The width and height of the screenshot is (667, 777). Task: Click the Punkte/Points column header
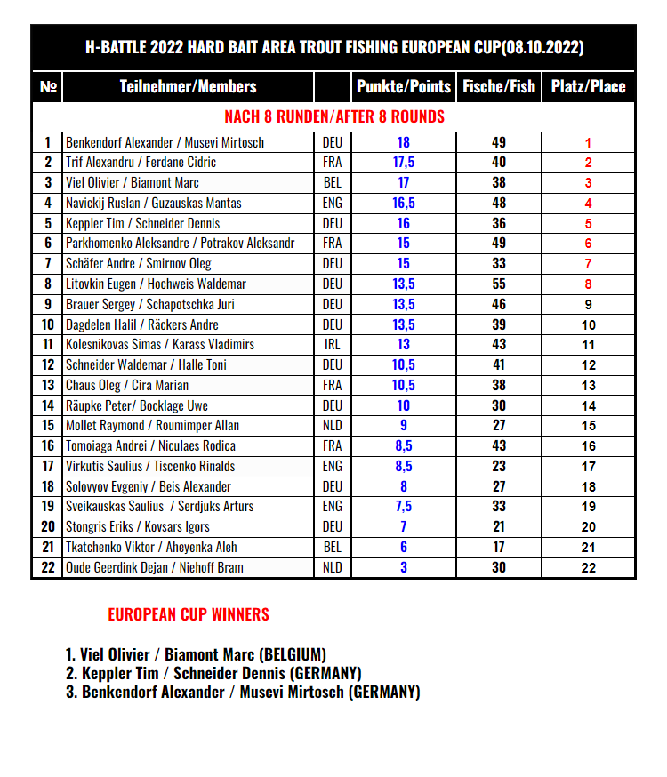point(404,86)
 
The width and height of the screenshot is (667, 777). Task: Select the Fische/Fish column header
point(499,86)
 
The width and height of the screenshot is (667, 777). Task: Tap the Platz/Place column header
point(588,86)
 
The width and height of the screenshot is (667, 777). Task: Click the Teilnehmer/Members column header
point(188,86)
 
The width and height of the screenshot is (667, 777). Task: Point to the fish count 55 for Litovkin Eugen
point(499,284)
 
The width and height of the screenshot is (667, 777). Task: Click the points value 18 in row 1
point(404,142)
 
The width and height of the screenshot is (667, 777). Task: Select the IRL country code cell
point(332,344)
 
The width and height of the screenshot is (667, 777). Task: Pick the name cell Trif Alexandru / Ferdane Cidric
point(141,163)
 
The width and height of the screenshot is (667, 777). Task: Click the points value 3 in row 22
point(404,567)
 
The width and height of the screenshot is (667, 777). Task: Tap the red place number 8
point(588,284)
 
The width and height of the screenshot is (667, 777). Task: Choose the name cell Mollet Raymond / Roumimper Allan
point(152,426)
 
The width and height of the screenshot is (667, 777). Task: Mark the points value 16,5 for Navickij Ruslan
point(404,203)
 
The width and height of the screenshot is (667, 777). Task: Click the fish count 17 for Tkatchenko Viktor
point(499,547)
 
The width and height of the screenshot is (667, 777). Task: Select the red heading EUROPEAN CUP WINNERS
point(189,614)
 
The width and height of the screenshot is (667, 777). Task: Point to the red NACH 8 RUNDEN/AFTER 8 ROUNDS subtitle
point(334,116)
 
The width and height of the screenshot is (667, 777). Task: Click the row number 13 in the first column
point(47,385)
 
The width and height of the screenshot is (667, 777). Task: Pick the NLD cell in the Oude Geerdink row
point(332,567)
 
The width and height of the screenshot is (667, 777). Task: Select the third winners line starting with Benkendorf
point(242,692)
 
